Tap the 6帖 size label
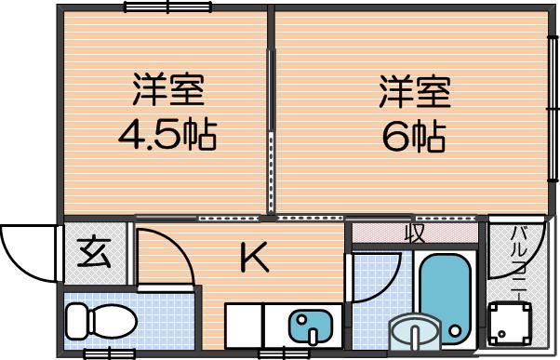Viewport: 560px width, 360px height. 414,138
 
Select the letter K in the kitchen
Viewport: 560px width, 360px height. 254,257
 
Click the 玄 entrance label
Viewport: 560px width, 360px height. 94,253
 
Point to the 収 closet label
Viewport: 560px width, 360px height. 415,233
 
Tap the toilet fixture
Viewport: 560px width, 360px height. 101,321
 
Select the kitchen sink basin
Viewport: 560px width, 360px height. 311,326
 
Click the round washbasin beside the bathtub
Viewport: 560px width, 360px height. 415,332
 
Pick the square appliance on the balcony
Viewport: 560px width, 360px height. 509,324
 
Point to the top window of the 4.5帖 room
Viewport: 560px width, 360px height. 167,7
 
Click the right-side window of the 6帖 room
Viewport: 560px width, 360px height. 553,109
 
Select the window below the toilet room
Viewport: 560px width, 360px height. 109,353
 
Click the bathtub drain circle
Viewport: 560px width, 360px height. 455,330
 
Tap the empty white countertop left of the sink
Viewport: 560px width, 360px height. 245,326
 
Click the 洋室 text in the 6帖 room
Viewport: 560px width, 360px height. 415,91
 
